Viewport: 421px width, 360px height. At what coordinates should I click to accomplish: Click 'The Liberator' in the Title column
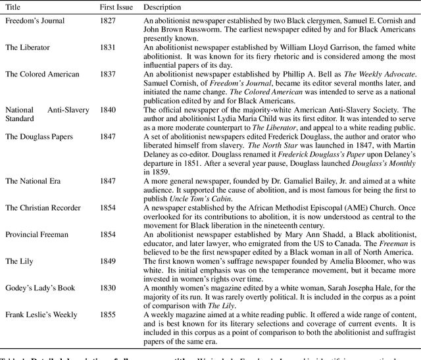point(27,48)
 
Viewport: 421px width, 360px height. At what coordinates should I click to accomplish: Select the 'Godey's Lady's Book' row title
point(40,288)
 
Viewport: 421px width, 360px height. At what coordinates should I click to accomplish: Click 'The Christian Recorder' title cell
point(43,208)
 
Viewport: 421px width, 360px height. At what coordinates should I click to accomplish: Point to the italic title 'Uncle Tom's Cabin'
point(200,199)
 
